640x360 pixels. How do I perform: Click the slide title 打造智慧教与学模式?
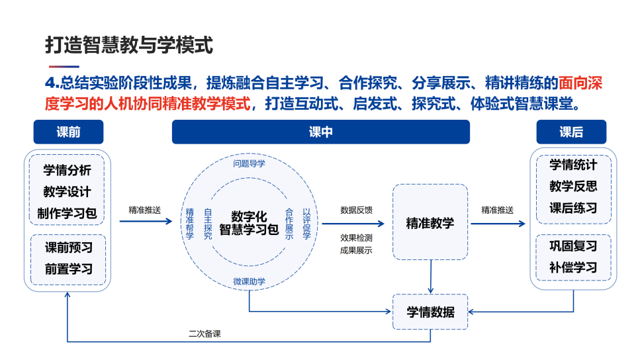(x=129, y=45)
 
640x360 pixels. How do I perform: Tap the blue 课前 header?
(x=68, y=132)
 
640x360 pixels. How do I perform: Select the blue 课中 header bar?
(x=320, y=132)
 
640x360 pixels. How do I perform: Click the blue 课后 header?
(x=571, y=132)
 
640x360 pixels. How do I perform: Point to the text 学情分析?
(x=68, y=170)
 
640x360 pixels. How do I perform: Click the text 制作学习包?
(x=68, y=213)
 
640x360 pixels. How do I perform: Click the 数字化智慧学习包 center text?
(x=249, y=224)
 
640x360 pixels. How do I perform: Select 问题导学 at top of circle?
(x=249, y=163)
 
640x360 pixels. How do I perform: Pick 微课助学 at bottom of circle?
(x=249, y=281)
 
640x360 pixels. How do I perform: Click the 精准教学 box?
(x=430, y=222)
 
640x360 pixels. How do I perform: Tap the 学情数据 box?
(x=430, y=312)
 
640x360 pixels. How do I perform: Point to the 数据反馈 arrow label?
(x=357, y=210)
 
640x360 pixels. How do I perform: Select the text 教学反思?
(x=573, y=186)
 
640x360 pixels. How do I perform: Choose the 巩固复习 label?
(x=573, y=246)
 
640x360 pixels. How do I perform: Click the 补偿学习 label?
(x=573, y=268)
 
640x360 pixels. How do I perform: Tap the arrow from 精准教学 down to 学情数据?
(x=431, y=277)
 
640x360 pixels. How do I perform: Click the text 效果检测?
(x=356, y=238)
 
